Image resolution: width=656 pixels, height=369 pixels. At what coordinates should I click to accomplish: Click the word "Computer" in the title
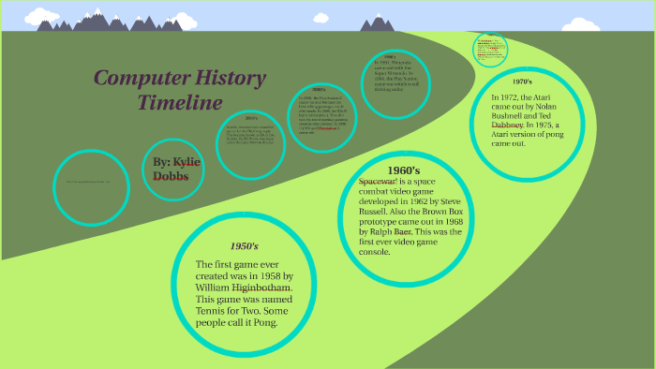pyautogui.click(x=136, y=80)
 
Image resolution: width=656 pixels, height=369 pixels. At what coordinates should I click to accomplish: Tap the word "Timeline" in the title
pyautogui.click(x=180, y=102)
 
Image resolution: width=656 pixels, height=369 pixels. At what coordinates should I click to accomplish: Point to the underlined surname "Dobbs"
pyautogui.click(x=171, y=176)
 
